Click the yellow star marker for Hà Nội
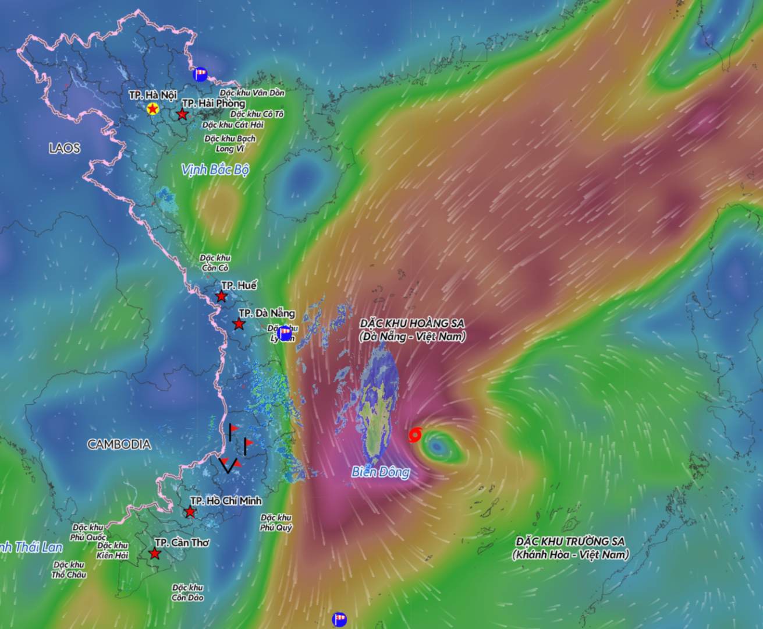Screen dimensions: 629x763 click(x=152, y=108)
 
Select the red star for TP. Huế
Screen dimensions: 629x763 click(x=221, y=296)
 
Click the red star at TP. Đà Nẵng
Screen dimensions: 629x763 click(x=239, y=324)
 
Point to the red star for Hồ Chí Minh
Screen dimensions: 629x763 click(x=190, y=513)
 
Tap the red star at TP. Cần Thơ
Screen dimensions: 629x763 click(x=154, y=554)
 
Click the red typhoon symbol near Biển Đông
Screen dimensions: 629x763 click(x=416, y=434)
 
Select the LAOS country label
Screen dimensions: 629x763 click(x=64, y=149)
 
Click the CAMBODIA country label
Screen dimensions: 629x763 click(x=119, y=444)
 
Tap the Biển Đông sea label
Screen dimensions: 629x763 click(x=380, y=472)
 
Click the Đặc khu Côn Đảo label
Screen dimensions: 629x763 click(x=187, y=592)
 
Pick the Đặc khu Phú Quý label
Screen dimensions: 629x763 click(x=276, y=522)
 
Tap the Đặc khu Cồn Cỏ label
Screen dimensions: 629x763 click(x=215, y=263)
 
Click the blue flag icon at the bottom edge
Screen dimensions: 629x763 click(x=339, y=619)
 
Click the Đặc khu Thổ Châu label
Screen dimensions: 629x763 click(x=69, y=570)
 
